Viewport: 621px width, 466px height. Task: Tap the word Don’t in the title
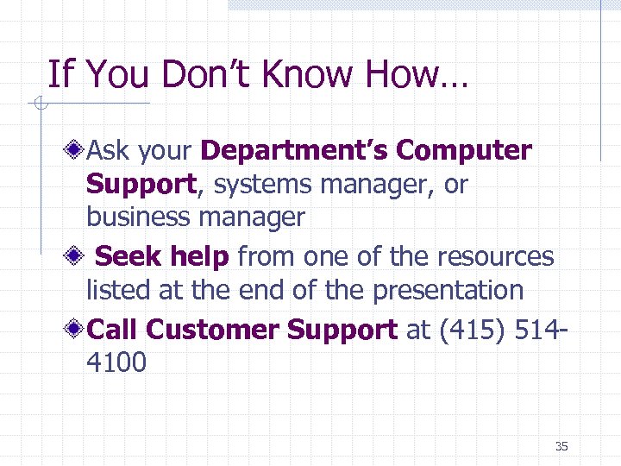pos(216,75)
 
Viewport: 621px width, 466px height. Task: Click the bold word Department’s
pos(294,151)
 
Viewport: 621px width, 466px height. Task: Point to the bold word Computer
pos(464,151)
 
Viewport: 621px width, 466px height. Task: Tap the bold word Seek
pos(127,256)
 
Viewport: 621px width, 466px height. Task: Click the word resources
pos(495,256)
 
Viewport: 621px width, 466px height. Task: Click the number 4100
pos(116,362)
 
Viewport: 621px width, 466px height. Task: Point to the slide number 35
pos(561,446)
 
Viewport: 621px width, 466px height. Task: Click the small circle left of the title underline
pos(39,105)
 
